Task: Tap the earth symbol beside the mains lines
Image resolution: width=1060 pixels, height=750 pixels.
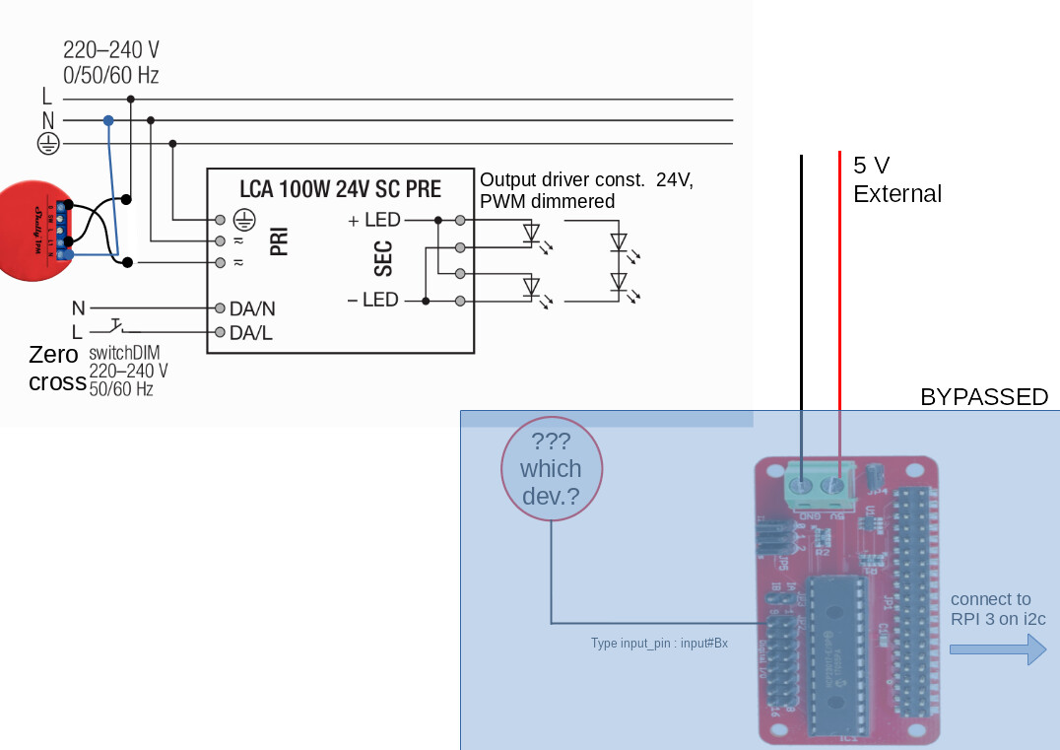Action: tap(47, 144)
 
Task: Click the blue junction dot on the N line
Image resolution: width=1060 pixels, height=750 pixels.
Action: tap(108, 120)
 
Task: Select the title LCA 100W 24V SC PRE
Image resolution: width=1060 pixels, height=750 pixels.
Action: tap(340, 189)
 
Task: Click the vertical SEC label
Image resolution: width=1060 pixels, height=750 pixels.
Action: tap(384, 258)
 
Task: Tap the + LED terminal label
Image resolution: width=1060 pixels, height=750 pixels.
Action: tap(374, 221)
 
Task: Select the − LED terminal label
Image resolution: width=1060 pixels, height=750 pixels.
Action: tap(373, 300)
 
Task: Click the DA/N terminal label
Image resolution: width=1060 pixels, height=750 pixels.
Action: tap(252, 308)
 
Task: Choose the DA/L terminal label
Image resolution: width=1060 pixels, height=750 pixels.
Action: tap(251, 333)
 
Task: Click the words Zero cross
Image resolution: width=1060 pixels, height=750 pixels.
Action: tap(56, 369)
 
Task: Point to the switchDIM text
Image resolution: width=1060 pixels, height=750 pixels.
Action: tap(124, 353)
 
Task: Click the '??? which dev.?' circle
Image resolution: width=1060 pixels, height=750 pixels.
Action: tap(551, 468)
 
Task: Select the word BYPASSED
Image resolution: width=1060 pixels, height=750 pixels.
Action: tap(983, 397)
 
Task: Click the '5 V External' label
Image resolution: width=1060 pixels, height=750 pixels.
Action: tap(896, 179)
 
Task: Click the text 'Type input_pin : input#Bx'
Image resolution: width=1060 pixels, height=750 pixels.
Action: tap(659, 644)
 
